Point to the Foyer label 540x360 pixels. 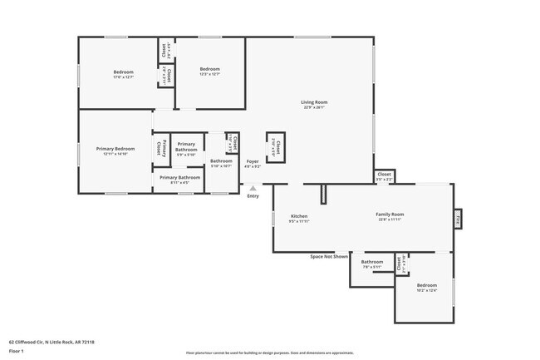[252, 160]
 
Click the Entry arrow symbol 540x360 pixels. [253, 189]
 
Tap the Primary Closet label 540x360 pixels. [160, 150]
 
